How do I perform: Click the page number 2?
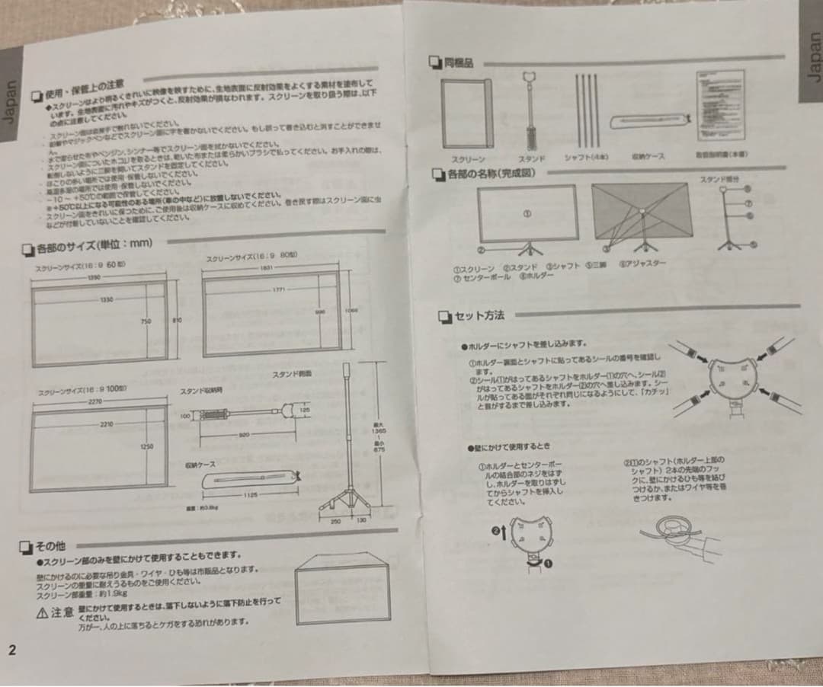tap(11, 650)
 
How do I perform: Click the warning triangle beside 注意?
tap(43, 612)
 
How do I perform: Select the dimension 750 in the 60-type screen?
tap(146, 321)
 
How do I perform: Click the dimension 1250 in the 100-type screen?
tap(147, 447)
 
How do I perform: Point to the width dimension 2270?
tap(94, 401)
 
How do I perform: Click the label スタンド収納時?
tap(201, 391)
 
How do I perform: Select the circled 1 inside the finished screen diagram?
tap(526, 214)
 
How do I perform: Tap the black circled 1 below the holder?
tap(547, 563)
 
